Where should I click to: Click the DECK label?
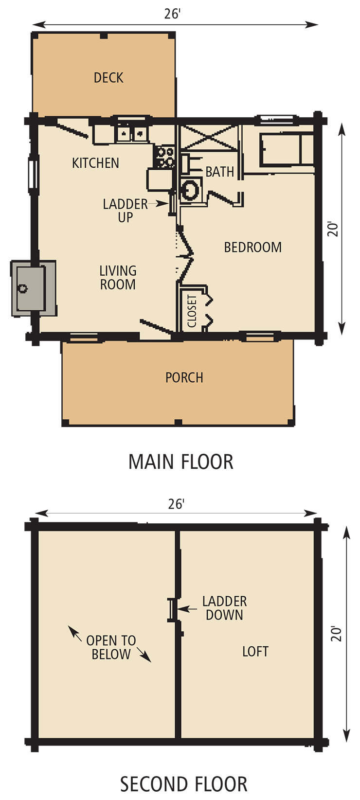[x=108, y=78]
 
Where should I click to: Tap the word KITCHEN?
[x=95, y=163]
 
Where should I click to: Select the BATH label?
[x=219, y=172]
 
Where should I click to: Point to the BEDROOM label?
[x=252, y=247]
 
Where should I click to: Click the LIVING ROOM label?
[x=118, y=278]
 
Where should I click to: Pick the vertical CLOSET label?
[x=192, y=311]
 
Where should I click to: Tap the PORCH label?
[x=184, y=377]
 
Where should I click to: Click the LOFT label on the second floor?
[x=255, y=651]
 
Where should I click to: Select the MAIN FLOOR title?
[x=180, y=462]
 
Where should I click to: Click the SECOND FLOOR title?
[x=183, y=784]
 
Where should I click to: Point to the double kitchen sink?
[x=131, y=132]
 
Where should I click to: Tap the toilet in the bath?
[x=190, y=189]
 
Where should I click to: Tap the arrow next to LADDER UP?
[x=161, y=204]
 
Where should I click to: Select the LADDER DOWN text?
[x=224, y=608]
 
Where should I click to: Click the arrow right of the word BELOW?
[x=144, y=655]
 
